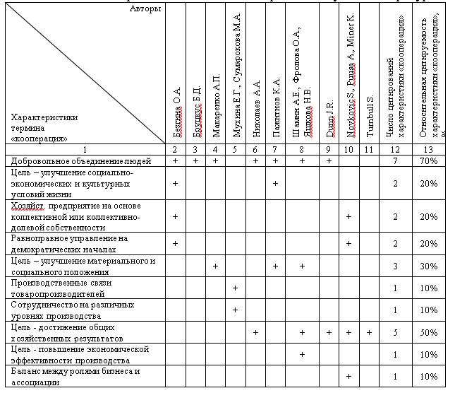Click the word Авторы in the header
click(x=145, y=9)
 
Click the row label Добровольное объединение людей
click(x=72, y=161)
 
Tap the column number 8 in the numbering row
click(x=302, y=149)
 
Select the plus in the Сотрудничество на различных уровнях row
click(x=235, y=310)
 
